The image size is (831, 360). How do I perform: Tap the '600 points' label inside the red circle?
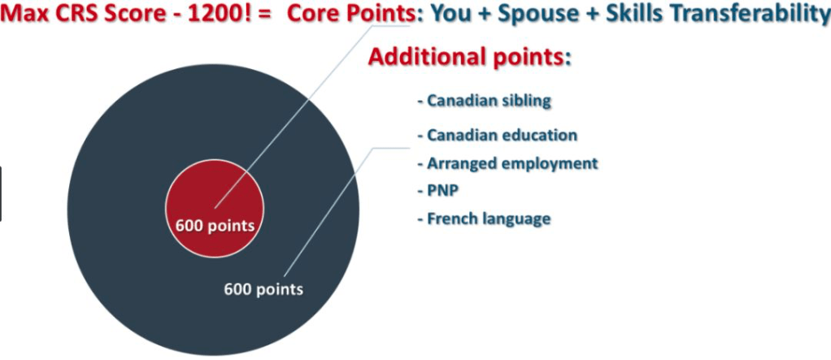tap(215, 226)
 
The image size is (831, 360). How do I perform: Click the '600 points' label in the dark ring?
tap(263, 289)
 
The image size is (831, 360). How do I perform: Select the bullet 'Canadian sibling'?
tap(485, 101)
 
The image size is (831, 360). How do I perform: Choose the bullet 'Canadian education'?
tap(497, 135)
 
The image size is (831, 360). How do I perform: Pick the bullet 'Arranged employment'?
tap(507, 163)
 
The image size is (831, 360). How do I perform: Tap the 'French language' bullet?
tap(484, 218)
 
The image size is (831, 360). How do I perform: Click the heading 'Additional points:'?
tap(469, 57)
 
